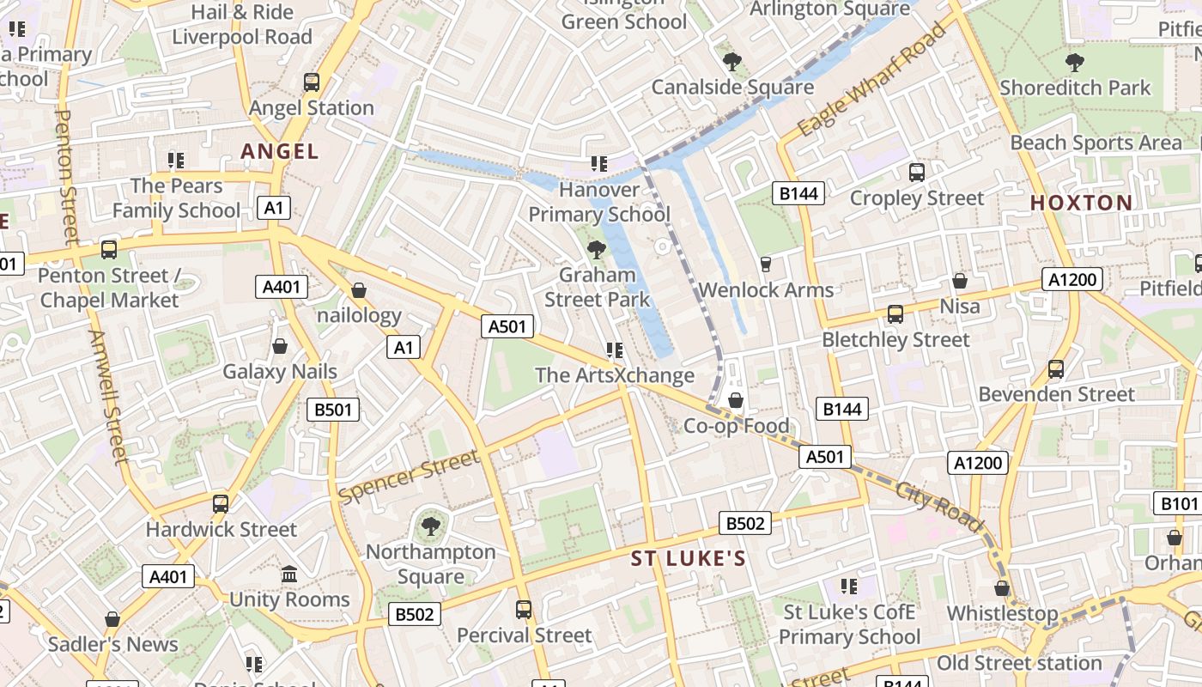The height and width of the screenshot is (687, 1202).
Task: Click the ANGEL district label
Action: pyautogui.click(x=280, y=152)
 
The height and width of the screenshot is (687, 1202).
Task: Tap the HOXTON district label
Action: pyautogui.click(x=1081, y=204)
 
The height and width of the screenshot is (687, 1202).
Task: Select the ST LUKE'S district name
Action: pyautogui.click(x=689, y=559)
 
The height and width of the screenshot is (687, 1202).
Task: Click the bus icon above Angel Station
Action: pyautogui.click(x=312, y=82)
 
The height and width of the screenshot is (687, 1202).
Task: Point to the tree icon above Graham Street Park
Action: pyautogui.click(x=596, y=250)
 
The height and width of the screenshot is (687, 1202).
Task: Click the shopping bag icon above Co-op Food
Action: pyautogui.click(x=736, y=400)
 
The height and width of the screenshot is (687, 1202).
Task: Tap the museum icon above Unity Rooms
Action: pyautogui.click(x=289, y=574)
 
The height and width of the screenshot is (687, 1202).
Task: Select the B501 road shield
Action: pyautogui.click(x=333, y=410)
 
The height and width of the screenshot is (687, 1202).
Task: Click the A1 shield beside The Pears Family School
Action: pyautogui.click(x=273, y=208)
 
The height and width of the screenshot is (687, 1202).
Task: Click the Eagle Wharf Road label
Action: pyautogui.click(x=871, y=80)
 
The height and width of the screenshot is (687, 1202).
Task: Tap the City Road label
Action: pyautogui.click(x=938, y=506)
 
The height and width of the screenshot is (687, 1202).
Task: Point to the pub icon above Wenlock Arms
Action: pyautogui.click(x=766, y=264)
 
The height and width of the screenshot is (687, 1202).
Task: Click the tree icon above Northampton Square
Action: pyautogui.click(x=430, y=526)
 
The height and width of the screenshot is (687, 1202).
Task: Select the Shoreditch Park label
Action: pyautogui.click(x=1075, y=88)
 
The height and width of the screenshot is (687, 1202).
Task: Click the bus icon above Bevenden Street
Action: pyautogui.click(x=1056, y=369)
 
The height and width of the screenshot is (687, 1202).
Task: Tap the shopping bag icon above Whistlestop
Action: pyautogui.click(x=1002, y=588)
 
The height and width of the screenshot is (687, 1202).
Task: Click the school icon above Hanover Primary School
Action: pyautogui.click(x=599, y=162)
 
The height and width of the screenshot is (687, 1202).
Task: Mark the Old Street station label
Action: pyautogui.click(x=1019, y=663)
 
